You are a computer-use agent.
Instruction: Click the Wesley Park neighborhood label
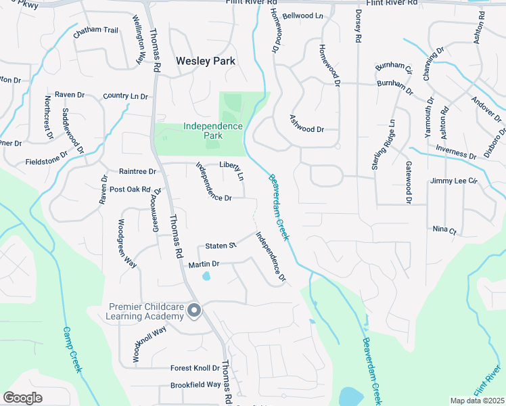tap(206, 61)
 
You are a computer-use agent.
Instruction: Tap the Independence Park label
tap(213, 131)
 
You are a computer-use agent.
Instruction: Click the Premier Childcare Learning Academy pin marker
tap(194, 311)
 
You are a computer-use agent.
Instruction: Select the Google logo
tap(23, 397)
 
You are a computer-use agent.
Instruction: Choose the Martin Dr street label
tap(204, 264)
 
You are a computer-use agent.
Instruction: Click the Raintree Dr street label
tap(137, 172)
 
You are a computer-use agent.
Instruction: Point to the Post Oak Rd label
tap(129, 189)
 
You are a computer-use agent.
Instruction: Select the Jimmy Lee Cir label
tap(453, 181)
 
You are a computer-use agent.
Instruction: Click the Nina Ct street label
tap(444, 230)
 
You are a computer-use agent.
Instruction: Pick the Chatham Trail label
tap(96, 30)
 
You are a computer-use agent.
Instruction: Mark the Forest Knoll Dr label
tap(195, 368)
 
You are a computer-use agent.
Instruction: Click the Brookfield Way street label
tap(195, 384)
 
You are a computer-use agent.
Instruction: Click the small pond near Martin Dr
tap(206, 275)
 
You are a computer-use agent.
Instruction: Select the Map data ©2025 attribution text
tap(476, 401)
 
